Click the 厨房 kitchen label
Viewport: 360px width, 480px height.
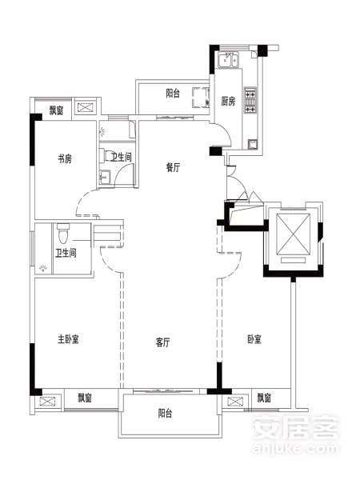[x=228, y=101]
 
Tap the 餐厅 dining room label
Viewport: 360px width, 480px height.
[x=174, y=167]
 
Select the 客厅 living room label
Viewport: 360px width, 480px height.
[x=163, y=342]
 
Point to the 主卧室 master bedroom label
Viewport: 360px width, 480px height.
[x=68, y=339]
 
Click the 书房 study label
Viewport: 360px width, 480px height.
[x=65, y=159]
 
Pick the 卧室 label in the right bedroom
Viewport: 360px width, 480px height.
[x=254, y=339]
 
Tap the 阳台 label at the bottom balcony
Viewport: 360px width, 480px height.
[x=165, y=414]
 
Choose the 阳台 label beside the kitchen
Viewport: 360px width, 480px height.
[x=173, y=94]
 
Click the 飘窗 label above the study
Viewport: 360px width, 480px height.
[x=57, y=110]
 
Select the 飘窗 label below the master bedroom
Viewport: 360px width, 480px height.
[x=85, y=398]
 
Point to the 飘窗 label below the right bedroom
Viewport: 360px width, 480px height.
[x=264, y=398]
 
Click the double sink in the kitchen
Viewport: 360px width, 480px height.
[x=228, y=60]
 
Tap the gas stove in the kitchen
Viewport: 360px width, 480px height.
[x=250, y=101]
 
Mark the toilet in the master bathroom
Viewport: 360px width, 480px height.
[x=63, y=234]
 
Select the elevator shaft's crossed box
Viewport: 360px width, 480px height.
[x=293, y=234]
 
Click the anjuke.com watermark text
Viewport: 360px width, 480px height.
[x=296, y=449]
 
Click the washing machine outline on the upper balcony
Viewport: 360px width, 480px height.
[x=201, y=98]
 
